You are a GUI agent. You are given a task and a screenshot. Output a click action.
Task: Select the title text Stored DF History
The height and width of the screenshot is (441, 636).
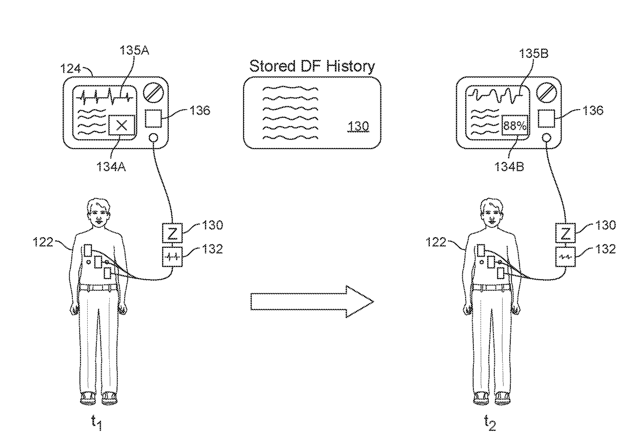312,66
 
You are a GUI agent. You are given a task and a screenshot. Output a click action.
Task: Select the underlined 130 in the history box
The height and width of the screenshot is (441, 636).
357,127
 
